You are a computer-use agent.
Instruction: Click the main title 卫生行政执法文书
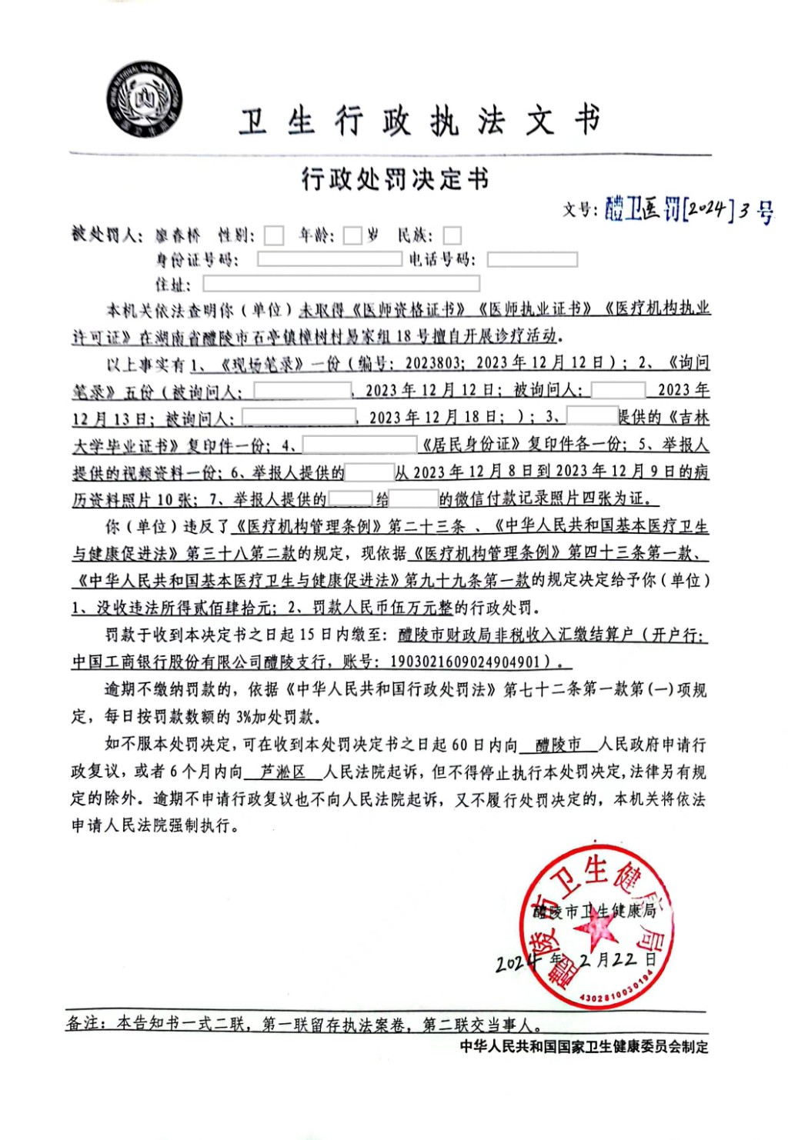(419, 122)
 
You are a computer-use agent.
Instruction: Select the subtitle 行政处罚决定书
(395, 179)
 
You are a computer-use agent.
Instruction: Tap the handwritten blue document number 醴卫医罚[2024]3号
(689, 208)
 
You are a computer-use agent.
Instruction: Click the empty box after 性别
(273, 235)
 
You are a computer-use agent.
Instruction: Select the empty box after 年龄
(352, 235)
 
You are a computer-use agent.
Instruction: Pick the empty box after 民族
(452, 235)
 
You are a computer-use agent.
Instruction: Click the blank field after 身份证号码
(329, 259)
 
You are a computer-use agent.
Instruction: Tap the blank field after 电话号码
(532, 259)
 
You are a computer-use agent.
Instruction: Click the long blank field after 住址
(341, 284)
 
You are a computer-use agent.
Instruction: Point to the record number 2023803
(434, 363)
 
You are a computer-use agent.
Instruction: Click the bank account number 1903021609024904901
(466, 662)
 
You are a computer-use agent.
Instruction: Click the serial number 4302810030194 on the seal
(616, 992)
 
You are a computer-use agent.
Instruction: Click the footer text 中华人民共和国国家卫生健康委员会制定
(584, 1046)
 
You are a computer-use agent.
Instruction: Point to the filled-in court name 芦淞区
(282, 772)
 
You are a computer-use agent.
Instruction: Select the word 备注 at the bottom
(82, 1023)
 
